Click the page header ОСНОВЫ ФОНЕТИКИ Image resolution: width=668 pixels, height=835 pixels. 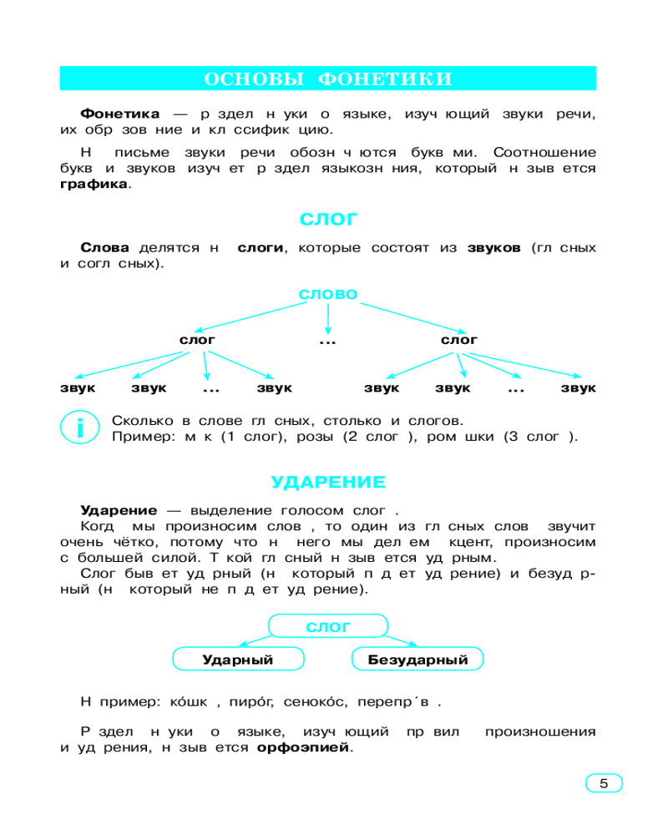(328, 78)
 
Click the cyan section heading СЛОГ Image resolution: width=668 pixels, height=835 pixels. (328, 220)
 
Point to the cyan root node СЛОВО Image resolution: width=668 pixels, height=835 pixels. (328, 294)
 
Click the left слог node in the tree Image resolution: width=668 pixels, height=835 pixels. (197, 340)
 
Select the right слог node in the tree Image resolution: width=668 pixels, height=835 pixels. (459, 340)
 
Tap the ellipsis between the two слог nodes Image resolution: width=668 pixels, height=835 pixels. (327, 342)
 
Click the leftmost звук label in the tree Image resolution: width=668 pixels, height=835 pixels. (78, 388)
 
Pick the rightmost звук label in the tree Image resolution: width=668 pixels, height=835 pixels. (578, 388)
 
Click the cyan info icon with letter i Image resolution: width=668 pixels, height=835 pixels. (80, 428)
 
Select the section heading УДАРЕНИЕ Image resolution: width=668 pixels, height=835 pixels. (328, 482)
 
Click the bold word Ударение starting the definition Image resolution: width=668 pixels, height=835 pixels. (119, 509)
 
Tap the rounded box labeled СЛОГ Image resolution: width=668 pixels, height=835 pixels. (328, 627)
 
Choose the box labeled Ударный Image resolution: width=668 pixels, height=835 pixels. (238, 660)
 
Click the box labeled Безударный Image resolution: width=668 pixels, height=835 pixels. (417, 660)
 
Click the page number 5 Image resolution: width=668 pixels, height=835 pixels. (604, 783)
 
